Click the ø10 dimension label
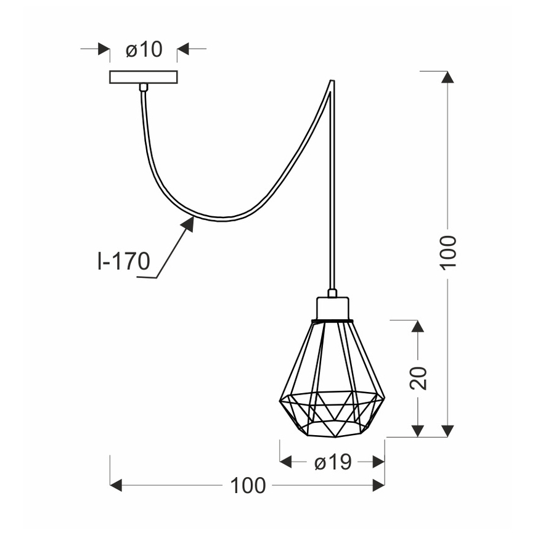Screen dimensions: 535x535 (144, 49)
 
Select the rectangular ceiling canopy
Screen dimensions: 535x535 (143, 77)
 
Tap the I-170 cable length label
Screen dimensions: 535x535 (123, 261)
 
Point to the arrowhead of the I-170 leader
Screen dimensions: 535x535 (188, 223)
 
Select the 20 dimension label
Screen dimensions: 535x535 (418, 378)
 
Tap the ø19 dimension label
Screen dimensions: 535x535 (332, 462)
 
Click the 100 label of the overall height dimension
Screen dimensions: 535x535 (448, 251)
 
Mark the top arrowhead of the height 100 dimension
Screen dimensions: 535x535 (448, 77)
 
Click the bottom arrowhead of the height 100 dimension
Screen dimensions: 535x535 (448, 431)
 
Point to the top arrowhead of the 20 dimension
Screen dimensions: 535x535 (418, 326)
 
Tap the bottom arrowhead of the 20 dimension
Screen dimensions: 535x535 (418, 431)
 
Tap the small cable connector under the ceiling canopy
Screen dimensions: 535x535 (143, 88)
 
